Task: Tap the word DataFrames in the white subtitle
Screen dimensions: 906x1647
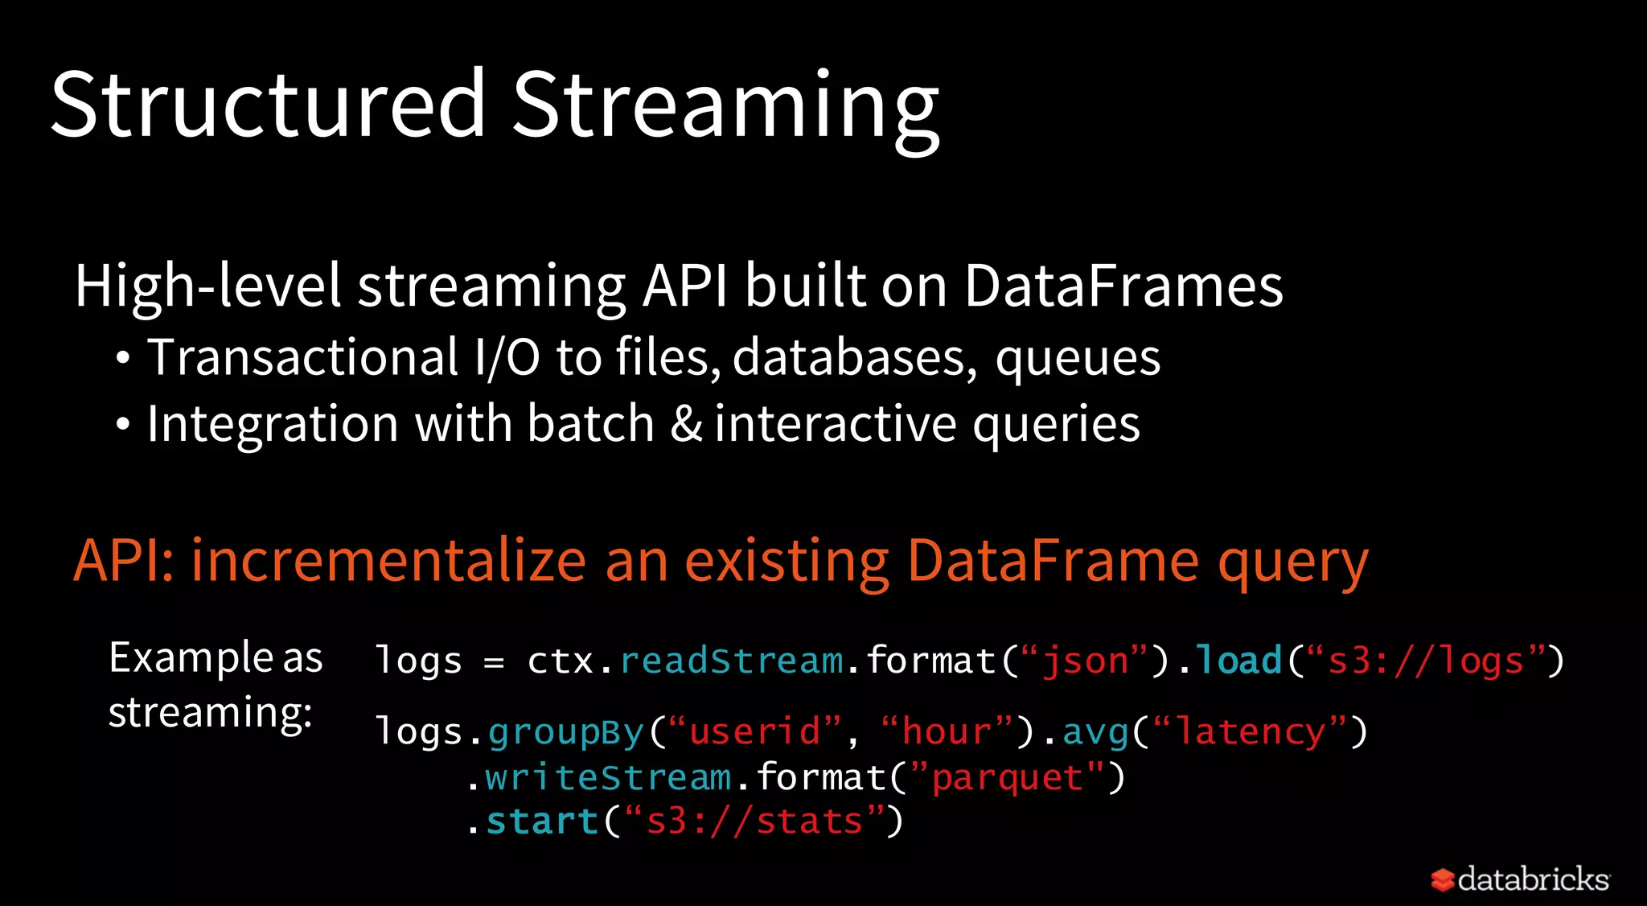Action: (x=1123, y=286)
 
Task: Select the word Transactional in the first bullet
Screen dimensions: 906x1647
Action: (x=303, y=357)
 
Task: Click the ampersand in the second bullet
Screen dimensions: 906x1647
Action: (x=686, y=424)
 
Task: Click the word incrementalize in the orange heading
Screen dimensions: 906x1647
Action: (x=388, y=560)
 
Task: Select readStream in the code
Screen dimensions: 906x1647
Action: (x=732, y=661)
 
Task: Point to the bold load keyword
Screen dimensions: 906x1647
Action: (x=1238, y=661)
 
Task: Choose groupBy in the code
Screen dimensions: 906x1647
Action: (x=565, y=732)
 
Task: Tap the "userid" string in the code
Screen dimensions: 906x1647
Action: (x=754, y=731)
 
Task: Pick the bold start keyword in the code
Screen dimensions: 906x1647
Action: (x=542, y=822)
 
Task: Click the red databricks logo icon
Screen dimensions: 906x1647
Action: (x=1443, y=879)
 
